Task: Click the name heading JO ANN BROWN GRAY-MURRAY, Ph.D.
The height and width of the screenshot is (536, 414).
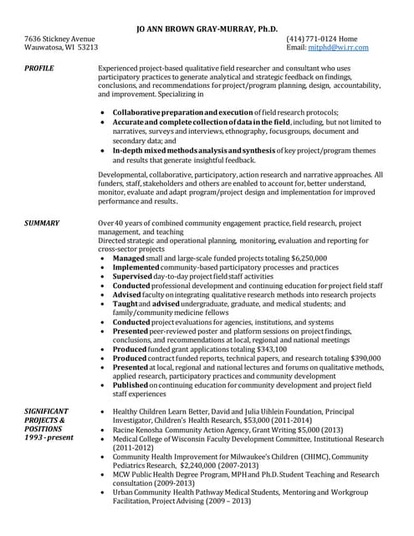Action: point(206,28)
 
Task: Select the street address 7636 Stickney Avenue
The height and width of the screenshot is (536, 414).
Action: point(59,39)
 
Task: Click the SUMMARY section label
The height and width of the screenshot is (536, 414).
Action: point(42,224)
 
